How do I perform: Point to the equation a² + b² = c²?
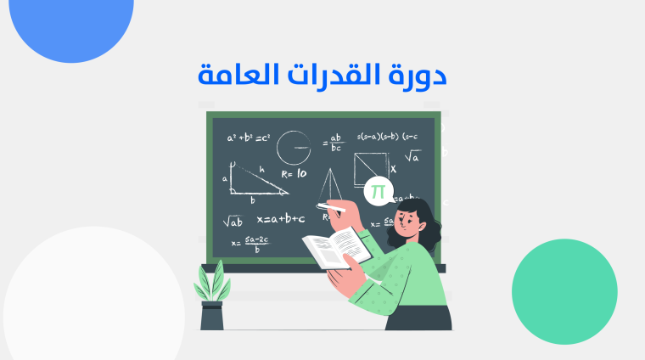(248, 137)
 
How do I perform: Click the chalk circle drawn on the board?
(294, 146)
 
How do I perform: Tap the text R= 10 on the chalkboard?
(294, 173)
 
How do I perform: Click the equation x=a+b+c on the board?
(280, 219)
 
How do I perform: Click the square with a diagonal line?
(371, 168)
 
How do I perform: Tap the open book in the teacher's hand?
(337, 248)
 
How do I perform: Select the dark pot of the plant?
(211, 315)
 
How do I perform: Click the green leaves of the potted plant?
(211, 279)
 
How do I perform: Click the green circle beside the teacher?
(564, 291)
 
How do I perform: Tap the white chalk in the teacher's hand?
(331, 205)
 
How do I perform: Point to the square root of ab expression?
(233, 222)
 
